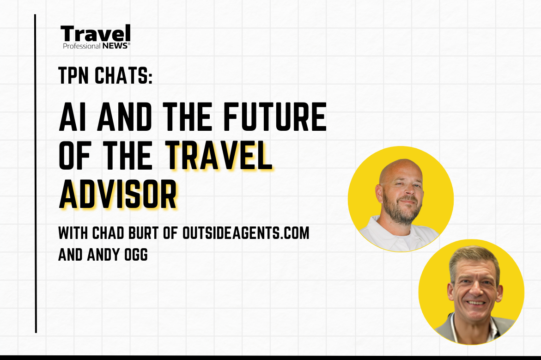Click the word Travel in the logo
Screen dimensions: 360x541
point(96,34)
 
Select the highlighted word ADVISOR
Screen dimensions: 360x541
point(118,195)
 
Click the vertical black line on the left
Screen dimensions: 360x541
point(36,173)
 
